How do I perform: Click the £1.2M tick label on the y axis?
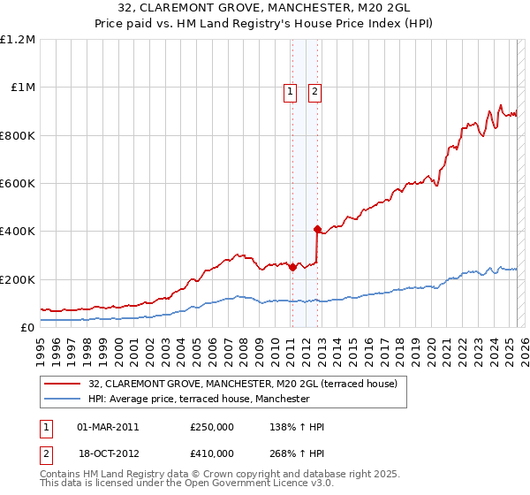pyautogui.click(x=18, y=40)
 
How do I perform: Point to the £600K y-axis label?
pyautogui.click(x=18, y=184)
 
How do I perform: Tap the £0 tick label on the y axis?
pyautogui.click(x=27, y=328)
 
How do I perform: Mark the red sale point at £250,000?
pyautogui.click(x=292, y=268)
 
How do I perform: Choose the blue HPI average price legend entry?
pyautogui.click(x=199, y=399)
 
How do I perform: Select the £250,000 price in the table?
pyautogui.click(x=212, y=427)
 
